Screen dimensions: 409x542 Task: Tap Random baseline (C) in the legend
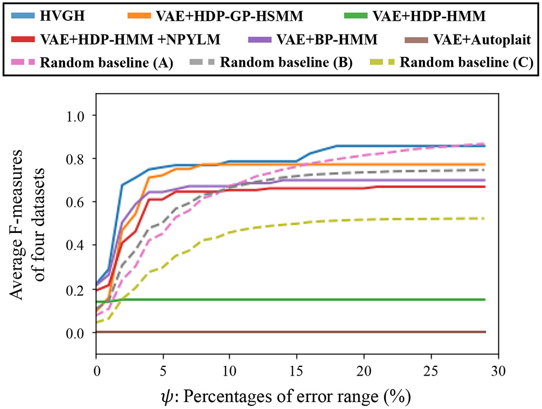click(x=467, y=62)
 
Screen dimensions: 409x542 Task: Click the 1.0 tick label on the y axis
click(x=75, y=116)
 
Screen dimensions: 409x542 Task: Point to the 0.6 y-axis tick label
click(x=75, y=203)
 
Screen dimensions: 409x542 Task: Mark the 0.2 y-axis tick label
click(x=75, y=290)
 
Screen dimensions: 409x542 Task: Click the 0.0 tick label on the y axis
click(x=75, y=333)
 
